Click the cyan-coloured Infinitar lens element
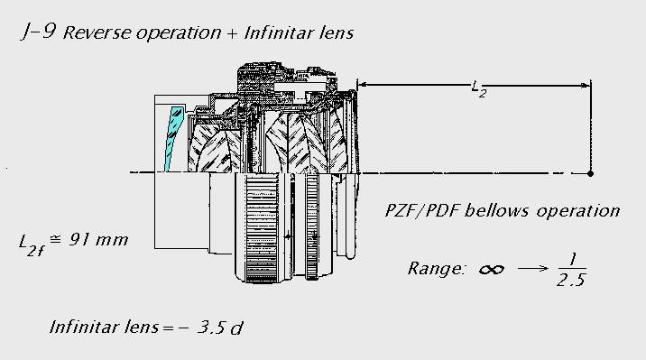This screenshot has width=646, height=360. click(173, 138)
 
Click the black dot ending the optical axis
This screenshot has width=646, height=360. click(590, 173)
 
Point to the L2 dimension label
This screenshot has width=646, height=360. click(479, 89)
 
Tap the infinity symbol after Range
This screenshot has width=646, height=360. click(492, 270)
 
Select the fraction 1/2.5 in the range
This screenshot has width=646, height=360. click(572, 270)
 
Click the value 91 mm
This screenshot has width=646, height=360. click(98, 239)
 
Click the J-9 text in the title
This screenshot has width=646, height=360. click(38, 32)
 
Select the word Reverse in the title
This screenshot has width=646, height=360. click(97, 33)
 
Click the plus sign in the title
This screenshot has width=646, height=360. click(232, 33)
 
